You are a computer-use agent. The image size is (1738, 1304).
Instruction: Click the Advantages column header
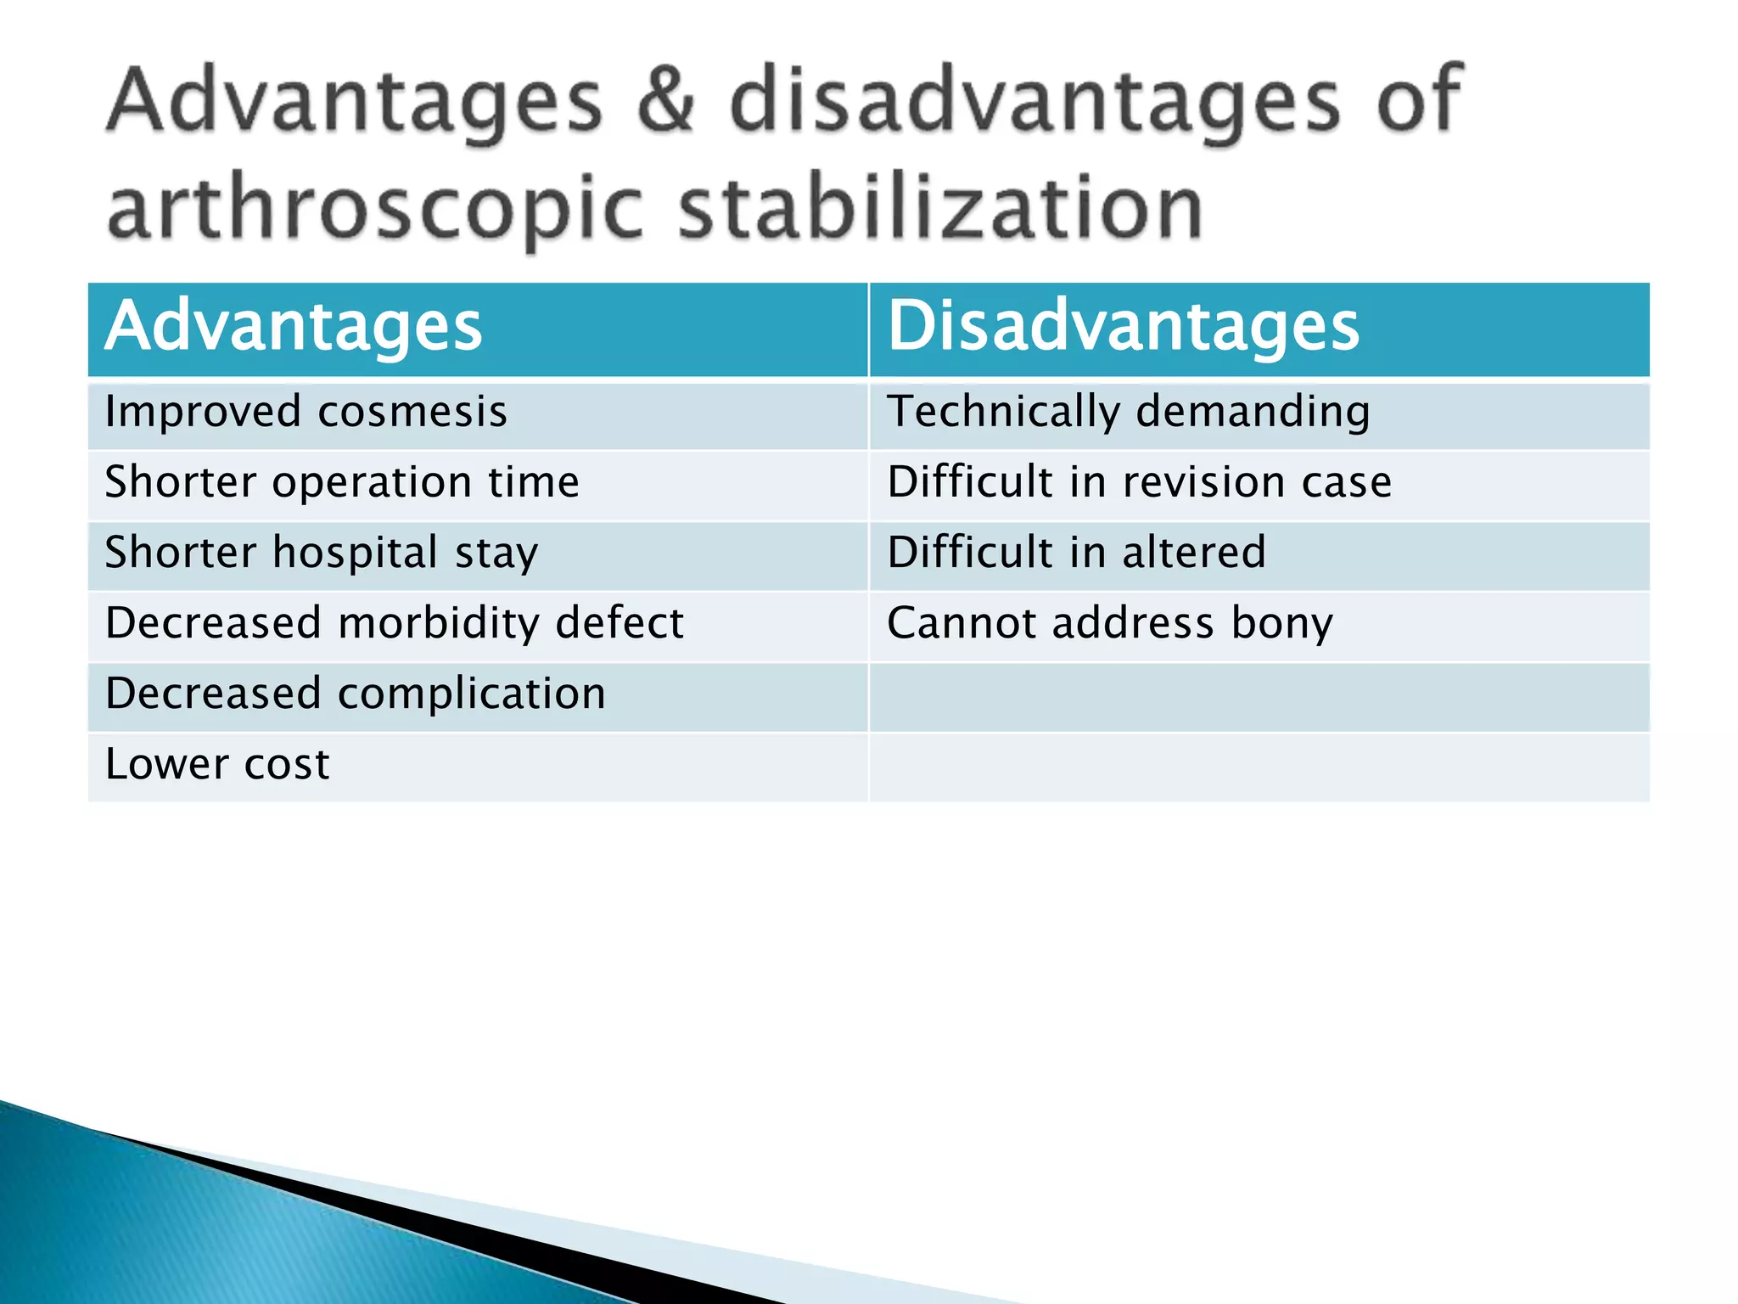293,328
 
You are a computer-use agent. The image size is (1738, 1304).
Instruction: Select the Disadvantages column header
1123,328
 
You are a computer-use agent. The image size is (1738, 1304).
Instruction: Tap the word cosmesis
412,413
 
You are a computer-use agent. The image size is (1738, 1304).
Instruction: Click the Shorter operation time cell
342,483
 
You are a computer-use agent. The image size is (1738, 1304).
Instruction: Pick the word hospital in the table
355,554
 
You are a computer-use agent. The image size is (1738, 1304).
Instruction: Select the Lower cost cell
217,765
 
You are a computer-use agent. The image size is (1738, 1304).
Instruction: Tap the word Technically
1003,413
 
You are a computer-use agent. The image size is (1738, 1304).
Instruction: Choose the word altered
1194,554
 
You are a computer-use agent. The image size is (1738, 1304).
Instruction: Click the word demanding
1253,413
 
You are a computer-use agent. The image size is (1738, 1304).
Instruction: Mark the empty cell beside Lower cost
1259,767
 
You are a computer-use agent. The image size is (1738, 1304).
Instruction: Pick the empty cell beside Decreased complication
1259,696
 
